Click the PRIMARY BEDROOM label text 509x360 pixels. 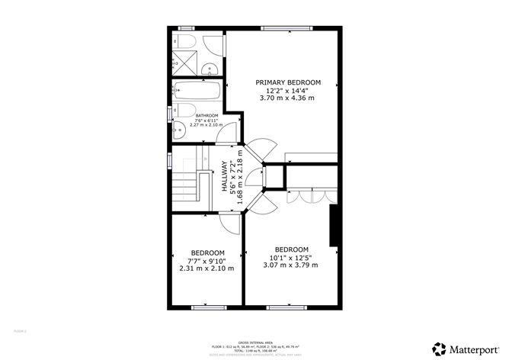pos(287,82)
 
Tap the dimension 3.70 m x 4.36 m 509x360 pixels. pos(287,98)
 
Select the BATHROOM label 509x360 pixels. pos(190,116)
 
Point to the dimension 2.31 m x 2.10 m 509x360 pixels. pos(206,268)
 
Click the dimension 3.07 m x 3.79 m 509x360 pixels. pos(290,265)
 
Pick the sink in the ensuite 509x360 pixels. pos(213,67)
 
